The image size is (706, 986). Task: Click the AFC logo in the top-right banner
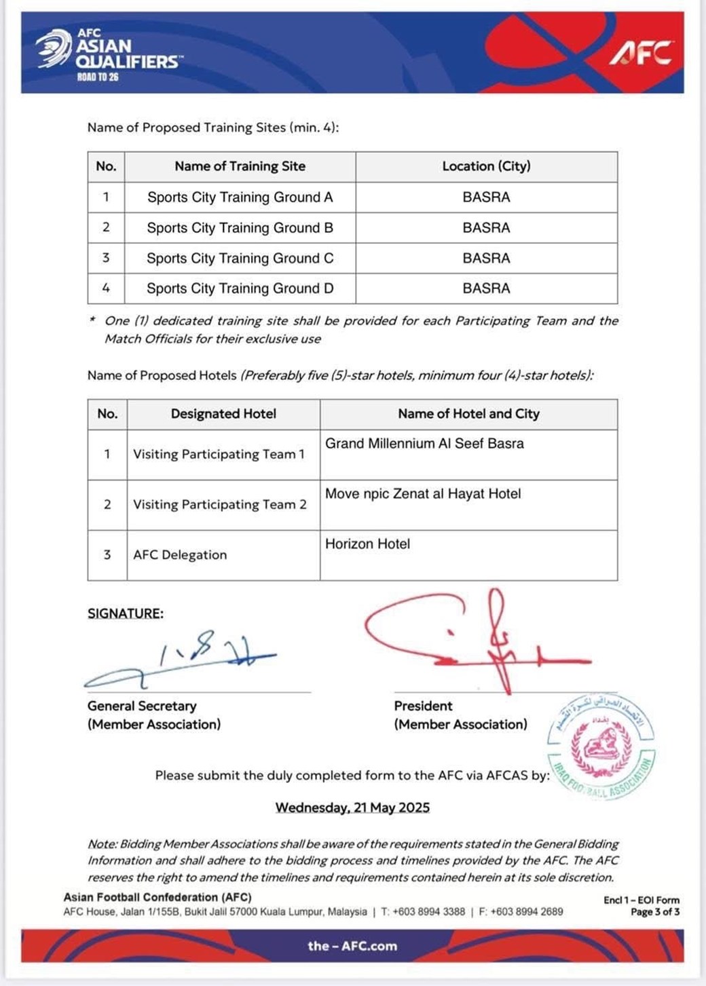coord(641,52)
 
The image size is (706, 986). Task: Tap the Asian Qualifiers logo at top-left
coord(109,54)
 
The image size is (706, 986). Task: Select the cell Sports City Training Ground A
coord(240,197)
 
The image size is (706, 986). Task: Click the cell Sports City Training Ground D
coord(240,288)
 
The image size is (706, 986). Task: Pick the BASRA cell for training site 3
coord(486,258)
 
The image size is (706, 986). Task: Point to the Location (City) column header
coord(486,166)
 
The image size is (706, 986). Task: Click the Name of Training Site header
coord(240,166)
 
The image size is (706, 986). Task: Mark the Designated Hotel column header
coord(223,414)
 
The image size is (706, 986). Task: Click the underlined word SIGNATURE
coord(126,613)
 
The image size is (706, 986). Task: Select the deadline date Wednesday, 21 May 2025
coord(352,808)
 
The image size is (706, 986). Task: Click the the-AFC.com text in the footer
coord(352,946)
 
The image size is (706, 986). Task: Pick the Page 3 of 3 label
coord(654,912)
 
